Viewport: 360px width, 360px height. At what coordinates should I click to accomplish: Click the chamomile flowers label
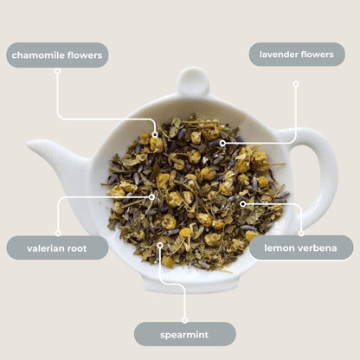click(57, 55)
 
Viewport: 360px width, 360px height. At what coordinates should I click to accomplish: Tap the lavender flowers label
click(297, 55)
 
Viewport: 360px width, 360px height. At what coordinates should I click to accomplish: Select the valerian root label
click(57, 248)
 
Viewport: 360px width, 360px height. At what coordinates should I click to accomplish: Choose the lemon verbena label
click(301, 248)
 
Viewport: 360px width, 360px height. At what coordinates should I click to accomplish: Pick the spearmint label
click(184, 334)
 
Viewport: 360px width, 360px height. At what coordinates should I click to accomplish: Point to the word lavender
click(280, 55)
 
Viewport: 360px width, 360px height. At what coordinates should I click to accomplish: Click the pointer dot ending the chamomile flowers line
click(155, 135)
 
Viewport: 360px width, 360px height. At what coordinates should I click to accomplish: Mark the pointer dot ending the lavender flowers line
click(222, 143)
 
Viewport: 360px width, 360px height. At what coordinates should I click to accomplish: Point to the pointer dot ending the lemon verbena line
click(243, 204)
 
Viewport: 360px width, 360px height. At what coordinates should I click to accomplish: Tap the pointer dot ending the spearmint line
click(160, 244)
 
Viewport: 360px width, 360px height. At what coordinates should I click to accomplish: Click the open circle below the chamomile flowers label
click(57, 71)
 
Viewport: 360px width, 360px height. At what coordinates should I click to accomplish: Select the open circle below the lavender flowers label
click(295, 84)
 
